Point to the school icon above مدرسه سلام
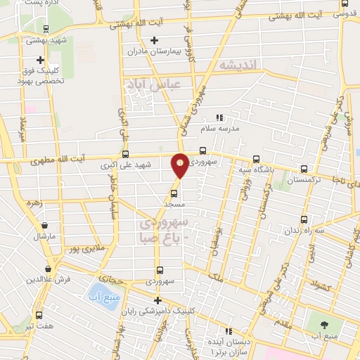tap(219, 117)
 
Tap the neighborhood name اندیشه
tap(240, 65)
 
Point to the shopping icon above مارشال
tap(45, 226)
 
